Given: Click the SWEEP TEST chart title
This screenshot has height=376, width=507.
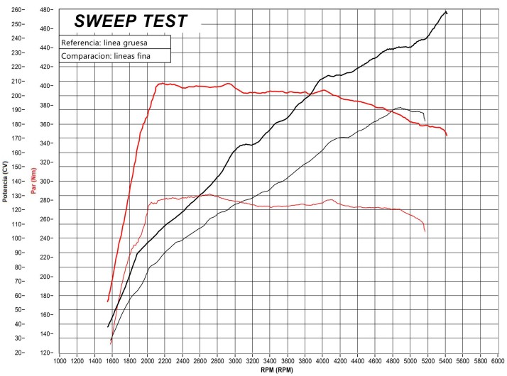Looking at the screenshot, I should click(x=131, y=21).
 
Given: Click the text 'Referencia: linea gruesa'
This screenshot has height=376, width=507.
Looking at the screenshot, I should click(x=104, y=43).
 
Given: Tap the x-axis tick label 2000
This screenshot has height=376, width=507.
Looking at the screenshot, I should click(x=148, y=362).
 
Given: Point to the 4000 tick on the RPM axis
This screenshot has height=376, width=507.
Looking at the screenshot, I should click(x=322, y=362).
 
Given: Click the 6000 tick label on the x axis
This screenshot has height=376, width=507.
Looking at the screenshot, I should click(x=497, y=362).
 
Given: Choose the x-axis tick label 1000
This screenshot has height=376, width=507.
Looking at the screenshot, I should click(x=60, y=362).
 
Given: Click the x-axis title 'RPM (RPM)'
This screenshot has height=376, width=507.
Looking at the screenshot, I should click(x=278, y=370).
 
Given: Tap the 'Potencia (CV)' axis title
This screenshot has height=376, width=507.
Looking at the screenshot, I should click(x=6, y=182).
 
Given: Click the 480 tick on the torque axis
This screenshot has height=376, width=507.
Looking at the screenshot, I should click(x=45, y=10).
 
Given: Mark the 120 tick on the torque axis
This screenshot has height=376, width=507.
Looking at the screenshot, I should click(x=45, y=353).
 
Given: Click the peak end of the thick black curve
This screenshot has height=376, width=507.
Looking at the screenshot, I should click(x=445, y=11).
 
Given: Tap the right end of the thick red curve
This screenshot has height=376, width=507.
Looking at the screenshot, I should click(x=447, y=135).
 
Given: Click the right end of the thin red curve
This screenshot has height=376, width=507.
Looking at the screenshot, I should click(x=425, y=231).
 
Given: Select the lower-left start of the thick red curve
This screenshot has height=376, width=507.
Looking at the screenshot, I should click(x=108, y=302).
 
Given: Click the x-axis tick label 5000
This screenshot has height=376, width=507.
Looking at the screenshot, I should click(x=410, y=362).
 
